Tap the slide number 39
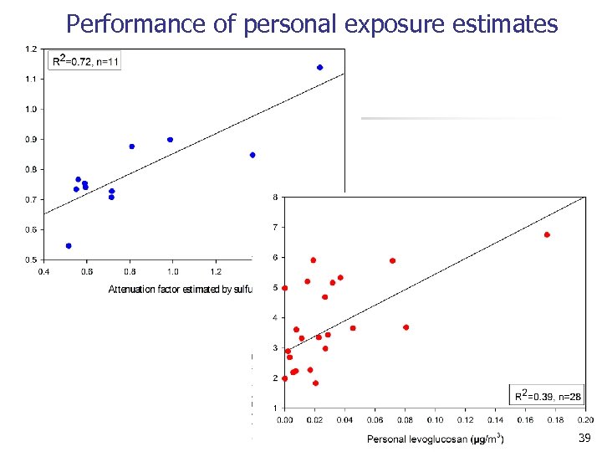[x=584, y=439]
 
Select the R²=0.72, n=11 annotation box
[x=86, y=60]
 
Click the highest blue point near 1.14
[x=319, y=68]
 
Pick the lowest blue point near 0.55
[x=69, y=246]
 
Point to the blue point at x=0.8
[x=132, y=146]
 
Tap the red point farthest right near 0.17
[x=547, y=235]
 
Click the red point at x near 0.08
[x=406, y=327]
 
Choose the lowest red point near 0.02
[x=315, y=383]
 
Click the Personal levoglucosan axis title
[x=435, y=439]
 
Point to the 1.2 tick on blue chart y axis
[x=31, y=49]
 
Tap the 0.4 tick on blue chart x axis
[x=44, y=271]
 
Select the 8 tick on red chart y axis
[x=276, y=198]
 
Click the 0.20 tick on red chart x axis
[x=585, y=419]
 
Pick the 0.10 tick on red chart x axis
[x=436, y=419]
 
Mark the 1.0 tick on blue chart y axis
[x=31, y=109]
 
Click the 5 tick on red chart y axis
[x=276, y=288]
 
